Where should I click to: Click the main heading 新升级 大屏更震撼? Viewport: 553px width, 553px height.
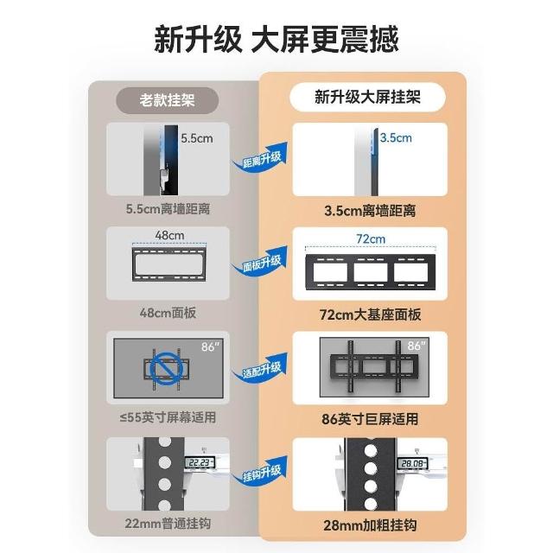click(276, 40)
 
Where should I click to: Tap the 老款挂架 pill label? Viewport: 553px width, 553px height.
click(167, 100)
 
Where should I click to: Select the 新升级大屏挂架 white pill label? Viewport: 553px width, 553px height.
click(367, 98)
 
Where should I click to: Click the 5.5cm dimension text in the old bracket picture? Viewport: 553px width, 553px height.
click(197, 138)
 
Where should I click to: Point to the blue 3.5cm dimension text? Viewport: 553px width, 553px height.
click(396, 137)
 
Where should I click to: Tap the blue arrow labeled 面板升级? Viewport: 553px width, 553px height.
click(260, 263)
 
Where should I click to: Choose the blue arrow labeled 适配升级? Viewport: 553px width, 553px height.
click(260, 369)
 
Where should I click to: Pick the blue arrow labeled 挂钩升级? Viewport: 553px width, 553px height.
click(260, 473)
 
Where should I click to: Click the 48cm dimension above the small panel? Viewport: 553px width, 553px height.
click(169, 235)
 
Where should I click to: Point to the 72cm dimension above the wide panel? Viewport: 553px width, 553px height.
click(371, 238)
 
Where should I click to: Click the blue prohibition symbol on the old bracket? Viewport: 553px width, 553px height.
click(167, 369)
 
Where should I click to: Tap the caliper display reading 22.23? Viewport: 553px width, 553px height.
click(200, 462)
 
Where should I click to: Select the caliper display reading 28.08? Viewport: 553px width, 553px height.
click(413, 463)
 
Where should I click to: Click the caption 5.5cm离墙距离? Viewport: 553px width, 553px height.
click(168, 209)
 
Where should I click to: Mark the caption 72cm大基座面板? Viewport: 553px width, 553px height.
click(371, 315)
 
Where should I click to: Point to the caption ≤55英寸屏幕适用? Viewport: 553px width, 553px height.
click(168, 417)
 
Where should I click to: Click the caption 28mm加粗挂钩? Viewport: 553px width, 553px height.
click(371, 525)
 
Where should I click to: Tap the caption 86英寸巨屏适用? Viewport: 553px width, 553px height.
click(370, 419)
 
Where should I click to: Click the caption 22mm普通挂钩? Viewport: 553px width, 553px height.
click(168, 524)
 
